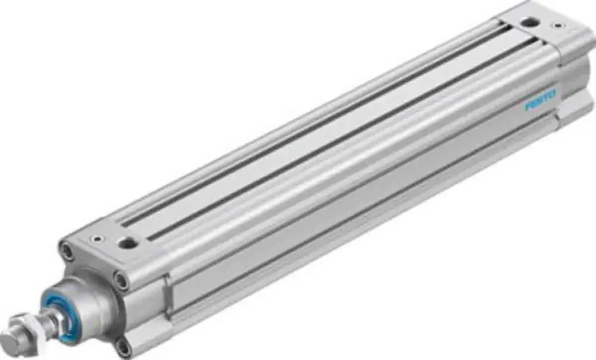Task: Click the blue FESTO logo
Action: [x=540, y=99]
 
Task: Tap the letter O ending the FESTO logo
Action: [x=552, y=94]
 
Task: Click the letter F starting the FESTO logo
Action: [x=527, y=105]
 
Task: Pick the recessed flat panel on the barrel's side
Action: [x=358, y=226]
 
